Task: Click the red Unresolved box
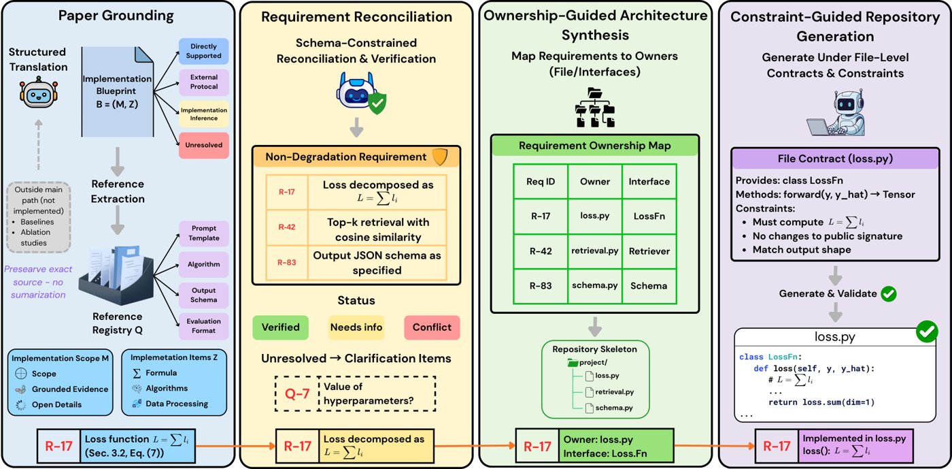203,145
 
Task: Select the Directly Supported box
203,51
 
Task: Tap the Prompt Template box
203,233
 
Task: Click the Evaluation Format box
203,326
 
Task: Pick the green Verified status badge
280,327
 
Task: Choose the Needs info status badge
356,327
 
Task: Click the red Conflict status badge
432,327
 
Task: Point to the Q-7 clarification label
297,393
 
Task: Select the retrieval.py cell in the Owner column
595,250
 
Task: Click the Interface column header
649,182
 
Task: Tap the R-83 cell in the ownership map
541,286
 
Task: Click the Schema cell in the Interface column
649,286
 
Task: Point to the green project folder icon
573,363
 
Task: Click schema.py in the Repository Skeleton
613,408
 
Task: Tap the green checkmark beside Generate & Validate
889,293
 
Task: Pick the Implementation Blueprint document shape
117,91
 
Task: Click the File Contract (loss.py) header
835,159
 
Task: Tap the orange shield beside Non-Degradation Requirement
441,157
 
